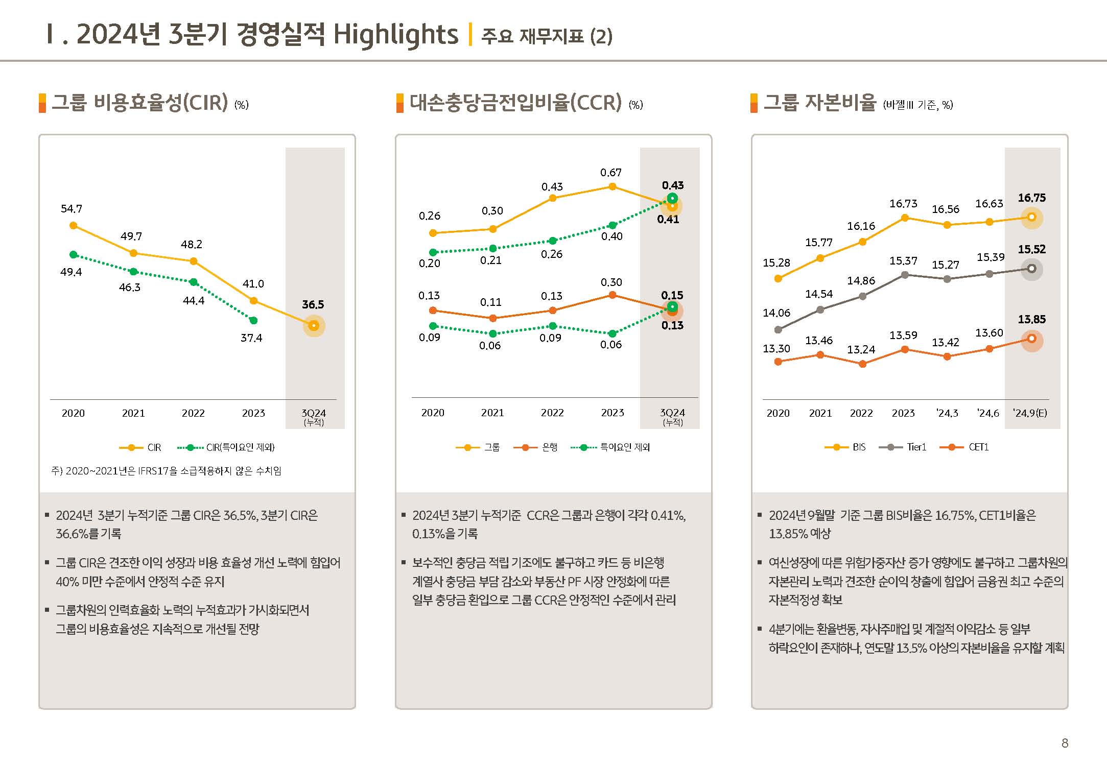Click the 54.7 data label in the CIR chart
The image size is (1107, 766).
[72, 209]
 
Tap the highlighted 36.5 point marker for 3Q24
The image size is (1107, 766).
[314, 326]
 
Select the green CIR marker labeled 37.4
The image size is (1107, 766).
[253, 321]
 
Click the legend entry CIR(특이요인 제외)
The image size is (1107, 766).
[226, 447]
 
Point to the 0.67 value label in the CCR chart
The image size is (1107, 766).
[611, 173]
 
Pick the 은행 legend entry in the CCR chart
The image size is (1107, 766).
[536, 447]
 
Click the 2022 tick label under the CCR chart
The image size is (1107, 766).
[552, 413]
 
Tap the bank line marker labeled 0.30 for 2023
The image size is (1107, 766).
[613, 295]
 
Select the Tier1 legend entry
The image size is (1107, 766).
[903, 447]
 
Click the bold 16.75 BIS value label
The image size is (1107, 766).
[1031, 198]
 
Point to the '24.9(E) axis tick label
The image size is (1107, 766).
[1030, 413]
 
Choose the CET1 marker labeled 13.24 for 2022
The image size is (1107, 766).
[862, 364]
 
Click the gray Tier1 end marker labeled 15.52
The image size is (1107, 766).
[1031, 269]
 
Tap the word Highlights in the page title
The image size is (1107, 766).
[395, 35]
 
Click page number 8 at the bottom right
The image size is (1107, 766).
[1065, 743]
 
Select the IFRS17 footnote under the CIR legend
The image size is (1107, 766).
[167, 471]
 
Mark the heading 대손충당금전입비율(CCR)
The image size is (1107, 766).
[515, 103]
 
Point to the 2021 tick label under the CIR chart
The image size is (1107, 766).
[133, 413]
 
